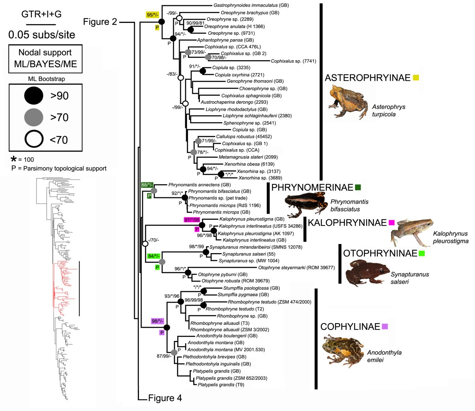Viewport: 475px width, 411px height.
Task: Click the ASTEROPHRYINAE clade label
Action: coord(367,78)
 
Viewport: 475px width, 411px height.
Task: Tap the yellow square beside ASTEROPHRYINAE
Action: coord(416,78)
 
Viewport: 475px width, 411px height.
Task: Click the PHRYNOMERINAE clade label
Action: coord(312,188)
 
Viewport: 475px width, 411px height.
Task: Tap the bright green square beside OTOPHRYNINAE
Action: coord(422,253)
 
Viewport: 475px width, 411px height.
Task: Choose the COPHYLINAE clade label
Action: coord(350,327)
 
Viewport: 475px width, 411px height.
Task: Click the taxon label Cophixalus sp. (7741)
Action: coord(293,61)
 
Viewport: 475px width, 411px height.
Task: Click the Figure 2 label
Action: coord(100,22)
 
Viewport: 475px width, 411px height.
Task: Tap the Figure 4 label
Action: coord(165,398)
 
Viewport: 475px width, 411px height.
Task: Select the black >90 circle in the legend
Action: coord(35,96)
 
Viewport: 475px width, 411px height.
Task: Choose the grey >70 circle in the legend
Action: coord(35,117)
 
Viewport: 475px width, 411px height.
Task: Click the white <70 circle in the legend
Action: coord(35,139)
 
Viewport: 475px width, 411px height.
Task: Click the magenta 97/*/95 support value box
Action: coord(192,220)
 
